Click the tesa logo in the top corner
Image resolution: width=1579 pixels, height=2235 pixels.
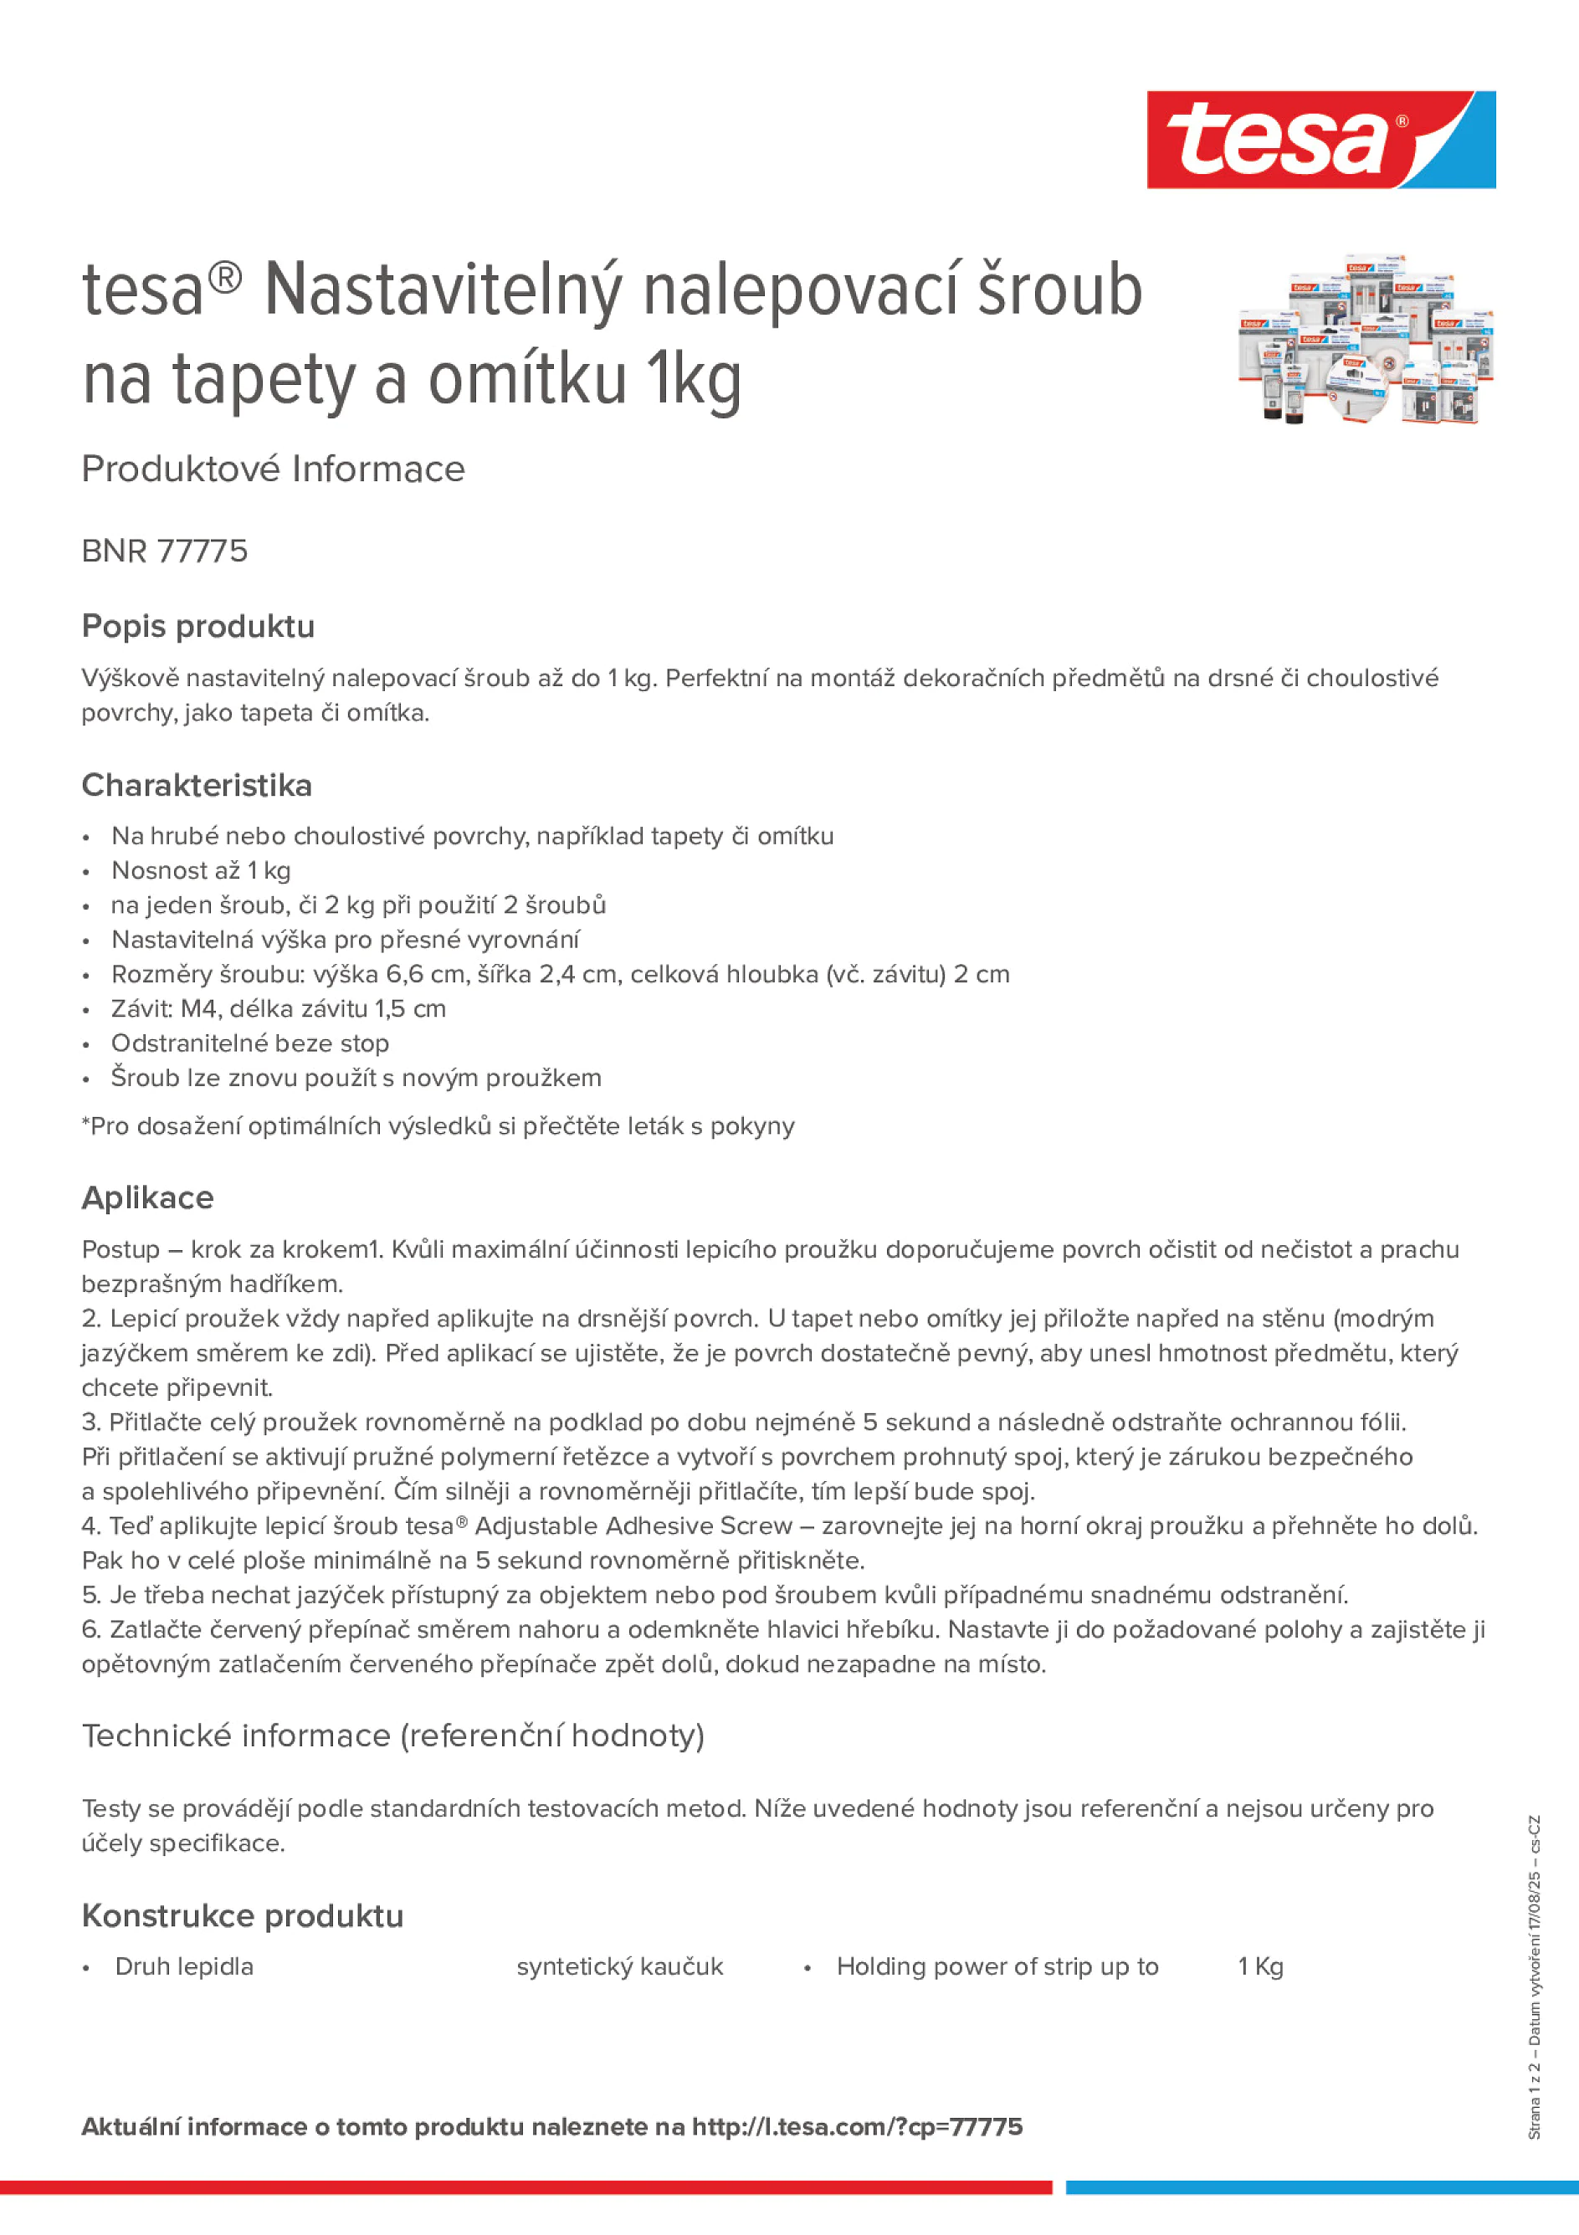tap(1320, 139)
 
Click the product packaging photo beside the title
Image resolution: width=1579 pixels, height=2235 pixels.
tap(1366, 339)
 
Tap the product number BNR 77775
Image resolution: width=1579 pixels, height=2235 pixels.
tap(165, 551)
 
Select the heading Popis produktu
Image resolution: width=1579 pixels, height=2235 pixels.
tap(197, 626)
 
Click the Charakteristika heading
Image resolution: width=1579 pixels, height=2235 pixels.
tap(197, 785)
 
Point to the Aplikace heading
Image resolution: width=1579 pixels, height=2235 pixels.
tap(147, 1197)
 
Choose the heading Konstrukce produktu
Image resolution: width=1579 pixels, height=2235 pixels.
tap(243, 1915)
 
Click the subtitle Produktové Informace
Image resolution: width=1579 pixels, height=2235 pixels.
tap(273, 469)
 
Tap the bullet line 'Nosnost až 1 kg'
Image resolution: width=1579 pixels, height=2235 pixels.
tap(201, 870)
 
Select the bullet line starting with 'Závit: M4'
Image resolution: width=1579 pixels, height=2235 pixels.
tap(279, 1008)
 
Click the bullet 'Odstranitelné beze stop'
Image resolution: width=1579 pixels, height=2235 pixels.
tap(250, 1043)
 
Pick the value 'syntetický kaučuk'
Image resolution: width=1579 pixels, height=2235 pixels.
tap(619, 1966)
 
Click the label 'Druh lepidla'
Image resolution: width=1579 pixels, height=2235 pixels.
tap(184, 1966)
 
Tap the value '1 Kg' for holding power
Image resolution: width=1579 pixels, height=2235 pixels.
tap(1259, 1966)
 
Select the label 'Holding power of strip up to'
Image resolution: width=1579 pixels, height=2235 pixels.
tap(997, 1966)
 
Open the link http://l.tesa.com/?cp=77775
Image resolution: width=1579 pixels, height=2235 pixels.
tap(857, 2126)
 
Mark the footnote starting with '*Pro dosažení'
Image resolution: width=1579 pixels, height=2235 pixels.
tap(438, 1125)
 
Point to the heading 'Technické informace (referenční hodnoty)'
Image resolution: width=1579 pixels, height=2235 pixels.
tap(392, 1735)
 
